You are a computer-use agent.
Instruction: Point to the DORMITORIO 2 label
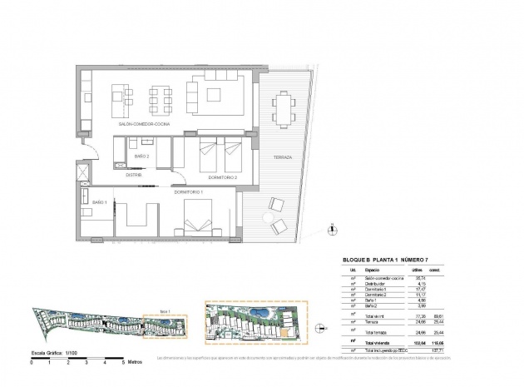223,176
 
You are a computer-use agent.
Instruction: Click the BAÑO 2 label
141,156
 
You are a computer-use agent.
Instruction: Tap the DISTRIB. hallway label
135,176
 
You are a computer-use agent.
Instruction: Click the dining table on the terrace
284,107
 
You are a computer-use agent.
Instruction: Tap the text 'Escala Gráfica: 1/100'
49,354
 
